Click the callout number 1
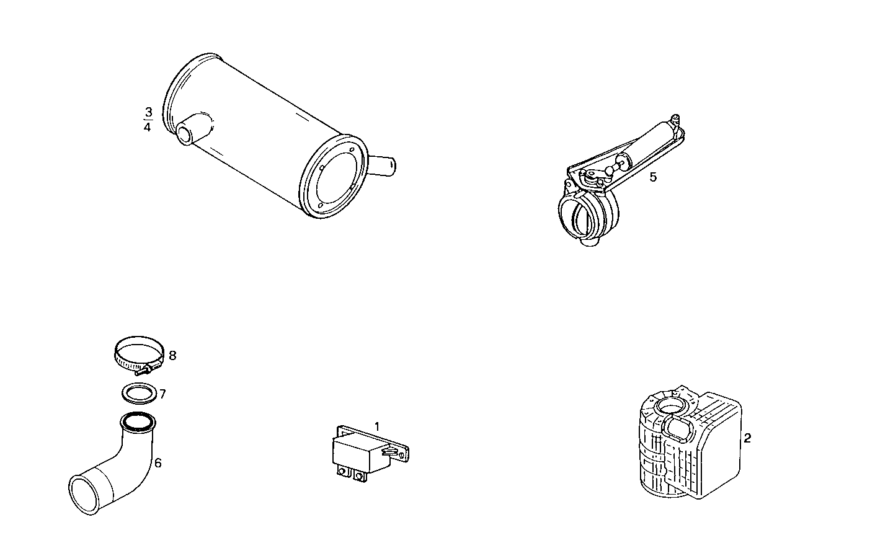[376, 426]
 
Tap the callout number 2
[747, 438]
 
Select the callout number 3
[148, 112]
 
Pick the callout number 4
[148, 127]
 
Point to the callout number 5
[653, 177]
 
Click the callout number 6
[158, 462]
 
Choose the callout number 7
[162, 394]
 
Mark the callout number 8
[172, 356]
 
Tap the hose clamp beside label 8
[138, 355]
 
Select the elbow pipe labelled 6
[124, 459]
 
